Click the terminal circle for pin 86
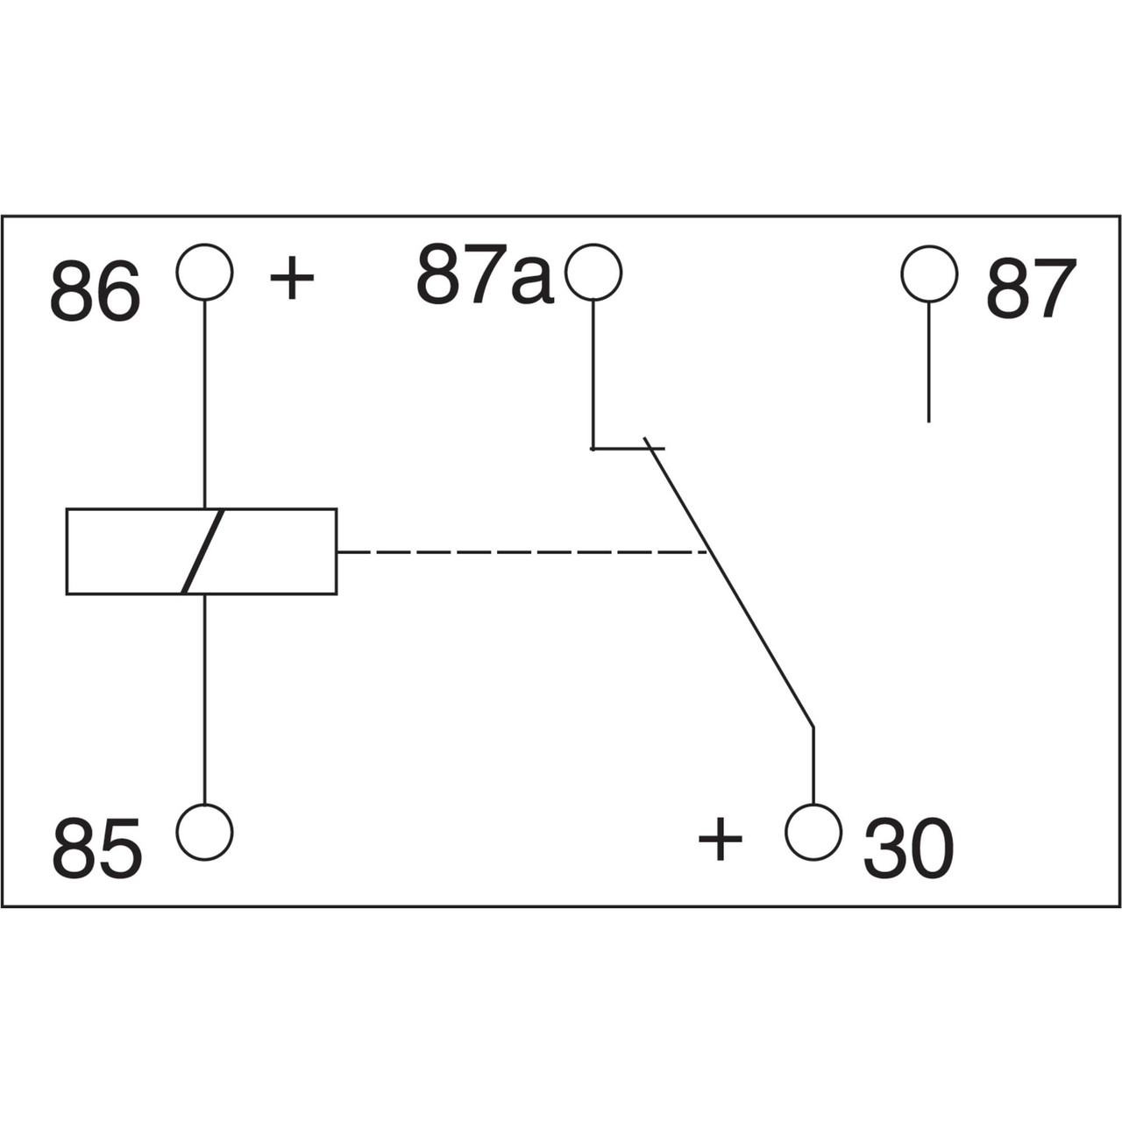[x=204, y=272]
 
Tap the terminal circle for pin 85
[x=204, y=832]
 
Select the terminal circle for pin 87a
[x=593, y=272]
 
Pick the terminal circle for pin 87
[x=929, y=273]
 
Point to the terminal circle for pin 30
[x=813, y=832]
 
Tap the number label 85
[x=96, y=849]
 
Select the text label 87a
[x=485, y=275]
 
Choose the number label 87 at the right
[x=1031, y=289]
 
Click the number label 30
[x=908, y=849]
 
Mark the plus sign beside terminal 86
[x=292, y=279]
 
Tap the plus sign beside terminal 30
[x=720, y=839]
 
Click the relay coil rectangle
[x=114, y=551]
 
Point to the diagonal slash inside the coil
[x=203, y=551]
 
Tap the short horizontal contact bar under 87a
[x=628, y=449]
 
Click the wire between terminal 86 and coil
[x=204, y=403]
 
